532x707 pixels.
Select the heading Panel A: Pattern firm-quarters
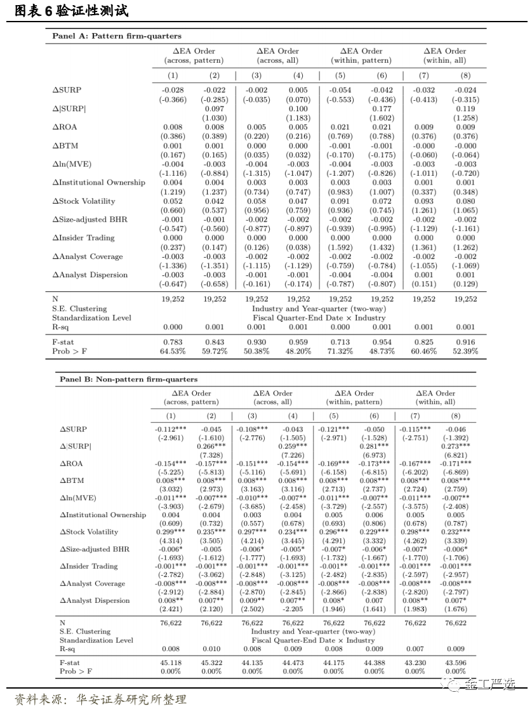[116, 36]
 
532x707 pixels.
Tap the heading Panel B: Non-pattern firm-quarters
[128, 379]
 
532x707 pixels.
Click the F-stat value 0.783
[173, 342]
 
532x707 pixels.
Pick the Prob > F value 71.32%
[340, 351]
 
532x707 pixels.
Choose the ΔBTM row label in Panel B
[72, 481]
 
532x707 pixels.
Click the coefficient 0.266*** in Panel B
[211, 446]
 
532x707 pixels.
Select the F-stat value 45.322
[212, 662]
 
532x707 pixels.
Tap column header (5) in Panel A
[340, 76]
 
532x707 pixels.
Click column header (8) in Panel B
[455, 416]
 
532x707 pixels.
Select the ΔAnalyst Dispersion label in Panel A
[90, 275]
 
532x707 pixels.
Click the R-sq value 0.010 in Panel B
[212, 649]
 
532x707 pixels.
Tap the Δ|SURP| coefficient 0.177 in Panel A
[382, 109]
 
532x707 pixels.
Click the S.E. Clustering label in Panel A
[79, 308]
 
